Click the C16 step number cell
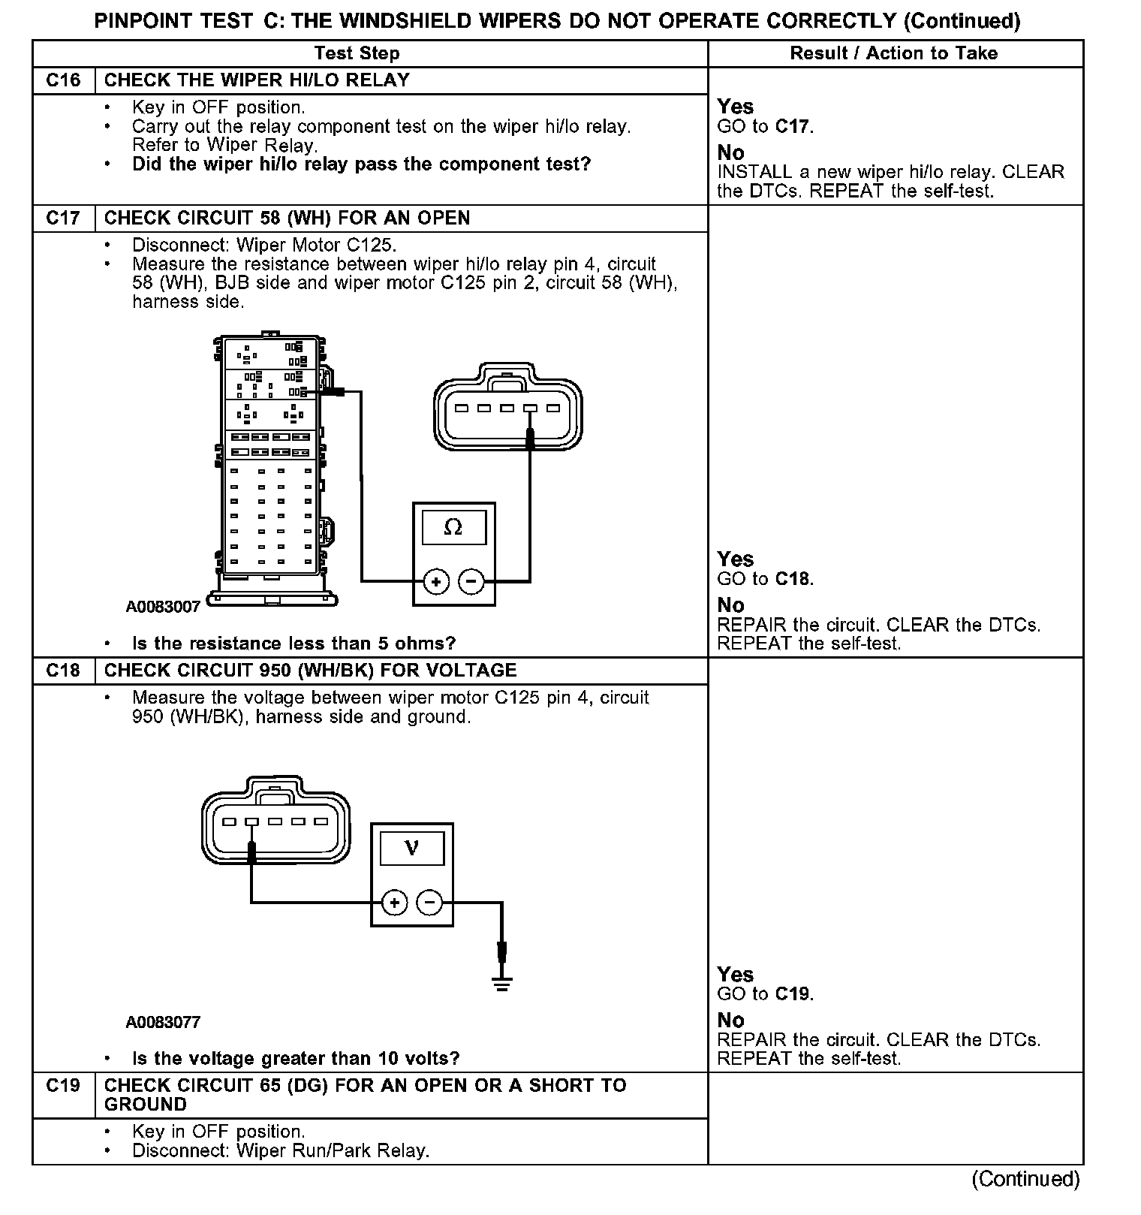(x=63, y=80)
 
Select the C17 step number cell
(x=63, y=219)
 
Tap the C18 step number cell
(x=63, y=671)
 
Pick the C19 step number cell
(x=63, y=1086)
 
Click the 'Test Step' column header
(x=357, y=53)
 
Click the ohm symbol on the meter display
(x=453, y=527)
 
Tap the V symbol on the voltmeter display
(x=411, y=848)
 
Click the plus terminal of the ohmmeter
(x=436, y=581)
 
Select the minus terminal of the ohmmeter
(x=471, y=581)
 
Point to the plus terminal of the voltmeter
(x=395, y=902)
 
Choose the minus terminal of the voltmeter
(x=429, y=902)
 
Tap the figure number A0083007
(x=163, y=607)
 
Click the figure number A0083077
(x=163, y=1022)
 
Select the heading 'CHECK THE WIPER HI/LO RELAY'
(x=257, y=80)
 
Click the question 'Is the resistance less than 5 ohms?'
(x=294, y=644)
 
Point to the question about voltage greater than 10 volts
(x=296, y=1059)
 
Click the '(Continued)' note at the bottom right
(x=1025, y=1180)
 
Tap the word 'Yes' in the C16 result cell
(x=735, y=107)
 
